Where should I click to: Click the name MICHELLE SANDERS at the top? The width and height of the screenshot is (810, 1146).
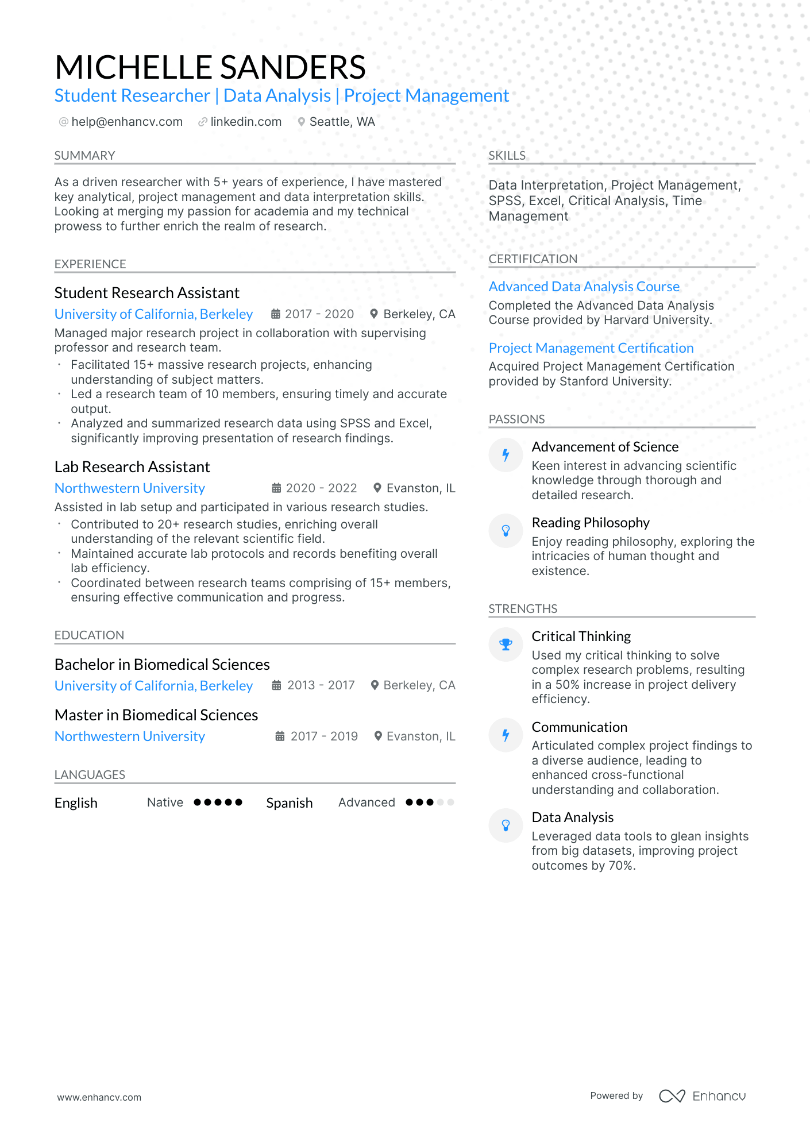pos(210,67)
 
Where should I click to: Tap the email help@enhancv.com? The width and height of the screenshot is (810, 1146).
pos(127,122)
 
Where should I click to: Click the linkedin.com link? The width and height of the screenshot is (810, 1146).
pos(246,122)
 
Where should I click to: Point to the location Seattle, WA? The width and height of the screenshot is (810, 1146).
pos(342,122)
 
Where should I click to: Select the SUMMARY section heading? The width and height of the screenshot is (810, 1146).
pos(84,156)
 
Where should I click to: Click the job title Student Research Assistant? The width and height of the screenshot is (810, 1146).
pos(146,293)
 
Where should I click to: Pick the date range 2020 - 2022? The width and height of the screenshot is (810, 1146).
pos(321,488)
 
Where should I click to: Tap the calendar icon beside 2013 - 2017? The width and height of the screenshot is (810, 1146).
pos(277,685)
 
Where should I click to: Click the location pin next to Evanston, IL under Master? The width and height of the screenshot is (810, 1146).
pos(378,736)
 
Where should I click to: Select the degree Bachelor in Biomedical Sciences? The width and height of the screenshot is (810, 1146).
pos(162,665)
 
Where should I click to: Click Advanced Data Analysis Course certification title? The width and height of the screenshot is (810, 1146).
pos(584,287)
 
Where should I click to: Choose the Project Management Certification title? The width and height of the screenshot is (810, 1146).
pos(591,348)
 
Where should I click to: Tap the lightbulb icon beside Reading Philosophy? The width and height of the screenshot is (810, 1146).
pos(506,530)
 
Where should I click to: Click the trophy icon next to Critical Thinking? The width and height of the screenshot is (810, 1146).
pos(506,645)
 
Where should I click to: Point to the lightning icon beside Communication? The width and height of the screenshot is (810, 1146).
pos(506,735)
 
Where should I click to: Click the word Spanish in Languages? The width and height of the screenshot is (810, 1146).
pos(289,803)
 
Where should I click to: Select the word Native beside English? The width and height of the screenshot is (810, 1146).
pos(165,802)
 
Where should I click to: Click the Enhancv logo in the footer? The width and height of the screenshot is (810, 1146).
pos(702,1096)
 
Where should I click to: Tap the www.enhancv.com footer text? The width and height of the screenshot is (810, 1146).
pos(99,1097)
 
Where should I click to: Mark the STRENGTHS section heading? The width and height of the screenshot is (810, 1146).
pos(523,609)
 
